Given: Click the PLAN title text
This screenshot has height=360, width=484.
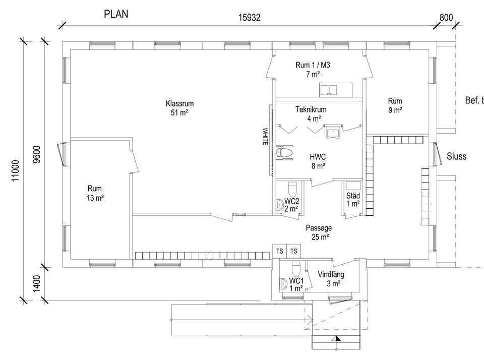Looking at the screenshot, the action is tap(116, 14).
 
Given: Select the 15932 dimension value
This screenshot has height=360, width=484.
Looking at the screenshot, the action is tap(249, 18).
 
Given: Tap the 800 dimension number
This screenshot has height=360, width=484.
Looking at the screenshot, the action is tap(446, 18).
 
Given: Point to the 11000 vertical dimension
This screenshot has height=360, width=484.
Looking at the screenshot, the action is tap(16, 170).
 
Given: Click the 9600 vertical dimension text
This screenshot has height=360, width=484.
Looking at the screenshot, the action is tap(36, 154).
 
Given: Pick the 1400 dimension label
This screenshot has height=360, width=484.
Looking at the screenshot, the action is tap(36, 283).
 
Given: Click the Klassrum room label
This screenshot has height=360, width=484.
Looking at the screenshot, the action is tap(179, 103).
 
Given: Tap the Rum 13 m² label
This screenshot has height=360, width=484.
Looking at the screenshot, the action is tap(95, 193).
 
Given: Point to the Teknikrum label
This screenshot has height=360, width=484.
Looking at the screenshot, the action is tap(311, 109).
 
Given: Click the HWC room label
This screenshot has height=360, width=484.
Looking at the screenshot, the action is tap(318, 157).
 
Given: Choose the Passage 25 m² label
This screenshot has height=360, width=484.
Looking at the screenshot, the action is tap(319, 232).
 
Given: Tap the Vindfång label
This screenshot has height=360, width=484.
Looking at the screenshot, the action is tap(331, 274).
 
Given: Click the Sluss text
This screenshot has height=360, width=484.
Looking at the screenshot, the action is tap(457, 156).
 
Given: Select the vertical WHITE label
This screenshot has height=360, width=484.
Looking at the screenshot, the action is tap(265, 137).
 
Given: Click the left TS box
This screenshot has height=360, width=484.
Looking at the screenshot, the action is tap(280, 251).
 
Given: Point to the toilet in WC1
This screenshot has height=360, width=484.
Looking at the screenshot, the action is tap(296, 269).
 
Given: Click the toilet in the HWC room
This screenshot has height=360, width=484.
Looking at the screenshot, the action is tap(284, 153).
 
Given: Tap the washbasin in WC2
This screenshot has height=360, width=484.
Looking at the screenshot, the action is tap(280, 205).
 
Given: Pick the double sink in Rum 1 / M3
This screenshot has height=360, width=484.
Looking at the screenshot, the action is tap(328, 90).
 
